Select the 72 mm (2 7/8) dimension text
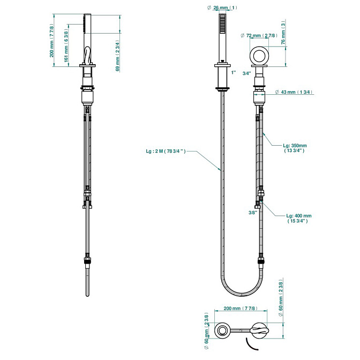coord(261,35)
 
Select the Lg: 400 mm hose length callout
coord(298,219)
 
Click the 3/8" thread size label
coord(253,213)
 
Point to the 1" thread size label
coord(233,71)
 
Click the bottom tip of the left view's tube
coord(87,294)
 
